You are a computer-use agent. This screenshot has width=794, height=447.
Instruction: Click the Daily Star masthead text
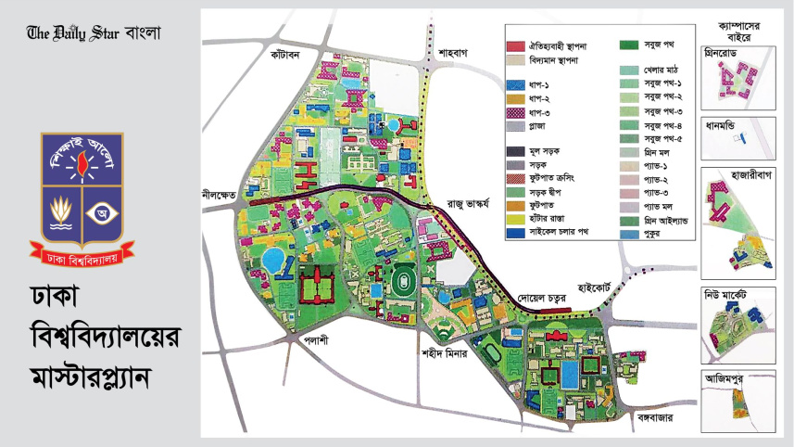click(x=94, y=32)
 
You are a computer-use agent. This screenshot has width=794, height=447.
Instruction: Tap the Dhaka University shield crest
click(x=82, y=190)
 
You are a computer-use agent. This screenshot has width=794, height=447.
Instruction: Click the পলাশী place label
click(x=317, y=339)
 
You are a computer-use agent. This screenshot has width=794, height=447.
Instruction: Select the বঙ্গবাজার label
click(x=649, y=418)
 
